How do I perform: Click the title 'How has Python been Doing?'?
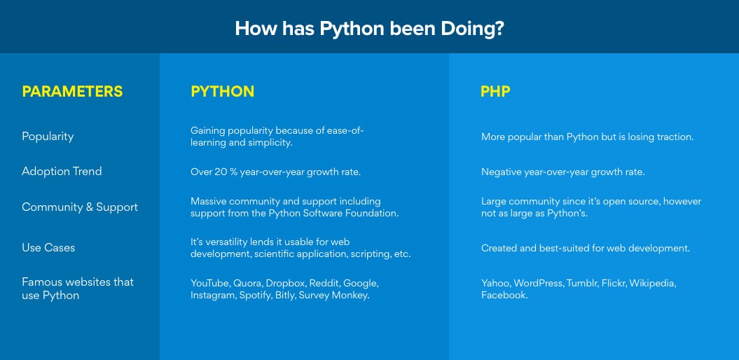pyautogui.click(x=370, y=29)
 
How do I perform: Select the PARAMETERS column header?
pyautogui.click(x=72, y=92)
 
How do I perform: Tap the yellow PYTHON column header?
pyautogui.click(x=223, y=92)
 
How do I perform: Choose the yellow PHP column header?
pyautogui.click(x=495, y=92)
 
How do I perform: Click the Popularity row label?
pyautogui.click(x=48, y=137)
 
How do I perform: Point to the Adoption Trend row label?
pyautogui.click(x=62, y=171)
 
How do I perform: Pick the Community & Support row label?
pyautogui.click(x=80, y=207)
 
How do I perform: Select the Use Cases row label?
pyautogui.click(x=48, y=248)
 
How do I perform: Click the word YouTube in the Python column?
pyautogui.click(x=210, y=283)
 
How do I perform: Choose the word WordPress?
pyautogui.click(x=538, y=283)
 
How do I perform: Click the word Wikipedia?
pyautogui.click(x=653, y=284)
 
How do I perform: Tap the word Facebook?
pyautogui.click(x=504, y=296)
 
